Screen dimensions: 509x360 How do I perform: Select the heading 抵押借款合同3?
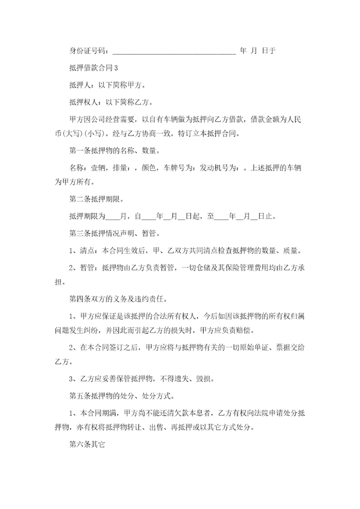(x=92, y=67)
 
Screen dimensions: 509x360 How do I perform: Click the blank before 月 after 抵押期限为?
(x=113, y=216)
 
